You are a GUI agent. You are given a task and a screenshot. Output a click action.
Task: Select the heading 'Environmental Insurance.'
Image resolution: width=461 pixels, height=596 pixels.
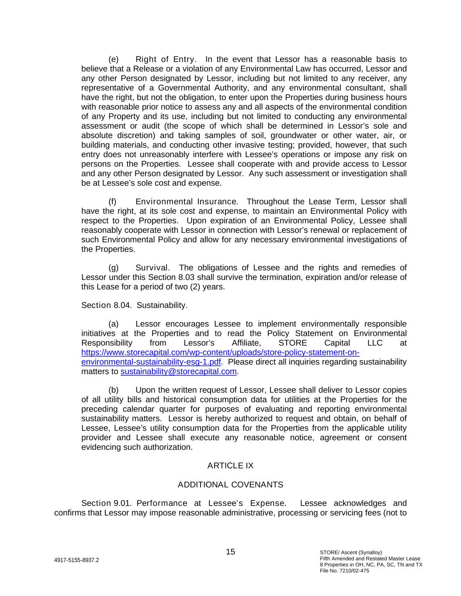pyautogui.click(x=187, y=202)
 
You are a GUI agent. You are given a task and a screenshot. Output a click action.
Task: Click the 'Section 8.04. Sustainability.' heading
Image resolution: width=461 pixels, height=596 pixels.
pyautogui.click(x=134, y=305)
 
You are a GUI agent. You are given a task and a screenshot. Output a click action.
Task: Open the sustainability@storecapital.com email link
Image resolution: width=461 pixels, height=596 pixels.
pyautogui.click(x=178, y=372)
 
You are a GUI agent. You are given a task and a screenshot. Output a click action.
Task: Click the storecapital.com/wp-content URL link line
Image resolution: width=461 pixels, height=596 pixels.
pyautogui.click(x=220, y=352)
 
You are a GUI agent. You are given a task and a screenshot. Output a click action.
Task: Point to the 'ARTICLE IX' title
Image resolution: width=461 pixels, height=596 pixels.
pyautogui.click(x=230, y=465)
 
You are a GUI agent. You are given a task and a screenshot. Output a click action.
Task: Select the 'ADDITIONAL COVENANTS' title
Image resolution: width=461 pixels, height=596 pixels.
pyautogui.click(x=230, y=485)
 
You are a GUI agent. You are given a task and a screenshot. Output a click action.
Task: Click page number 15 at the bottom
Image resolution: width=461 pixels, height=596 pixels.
pyautogui.click(x=230, y=552)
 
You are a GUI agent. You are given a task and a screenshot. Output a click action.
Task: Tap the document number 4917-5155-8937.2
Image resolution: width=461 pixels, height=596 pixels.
pyautogui.click(x=76, y=560)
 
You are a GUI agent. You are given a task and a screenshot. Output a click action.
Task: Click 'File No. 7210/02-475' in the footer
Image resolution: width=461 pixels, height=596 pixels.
pyautogui.click(x=344, y=571)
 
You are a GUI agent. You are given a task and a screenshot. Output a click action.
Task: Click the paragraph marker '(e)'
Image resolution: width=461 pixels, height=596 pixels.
pyautogui.click(x=113, y=59)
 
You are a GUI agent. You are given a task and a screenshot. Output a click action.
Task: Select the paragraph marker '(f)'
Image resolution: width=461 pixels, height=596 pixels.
pyautogui.click(x=113, y=202)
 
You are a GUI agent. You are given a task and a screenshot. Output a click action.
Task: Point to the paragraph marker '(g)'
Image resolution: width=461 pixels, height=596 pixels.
pyautogui.click(x=113, y=268)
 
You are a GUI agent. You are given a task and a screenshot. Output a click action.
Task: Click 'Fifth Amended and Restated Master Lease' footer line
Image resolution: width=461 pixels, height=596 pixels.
pyautogui.click(x=370, y=558)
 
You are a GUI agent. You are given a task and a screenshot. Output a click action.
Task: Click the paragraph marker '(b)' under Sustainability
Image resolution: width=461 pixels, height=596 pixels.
pyautogui.click(x=113, y=390)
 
